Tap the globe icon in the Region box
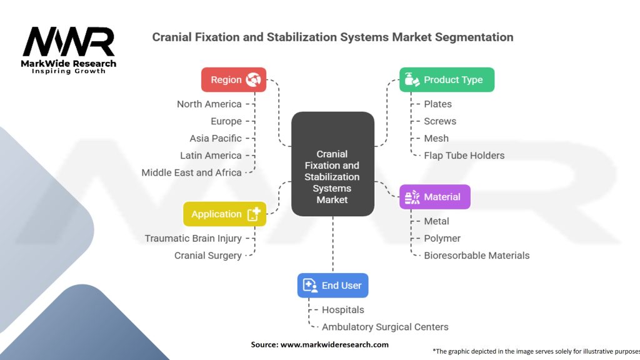pyautogui.click(x=254, y=80)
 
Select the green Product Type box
pyautogui.click(x=446, y=80)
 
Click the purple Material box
pyautogui.click(x=434, y=197)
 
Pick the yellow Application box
pyautogui.click(x=224, y=214)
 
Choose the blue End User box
pyautogui.click(x=332, y=285)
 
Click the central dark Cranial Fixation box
pyautogui.click(x=332, y=164)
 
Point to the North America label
pyautogui.click(x=209, y=104)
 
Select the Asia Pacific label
pyautogui.click(x=215, y=138)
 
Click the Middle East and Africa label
pyautogui.click(x=191, y=172)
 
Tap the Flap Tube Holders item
pyautogui.click(x=464, y=156)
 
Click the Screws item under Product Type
pyautogui.click(x=440, y=121)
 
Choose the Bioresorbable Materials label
pyautogui.click(x=476, y=255)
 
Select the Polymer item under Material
pyautogui.click(x=442, y=238)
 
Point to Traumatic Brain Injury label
pyautogui.click(x=193, y=238)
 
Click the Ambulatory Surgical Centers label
pyautogui.click(x=385, y=327)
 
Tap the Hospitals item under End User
pyautogui.click(x=342, y=309)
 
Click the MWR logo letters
pyautogui.click(x=69, y=42)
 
